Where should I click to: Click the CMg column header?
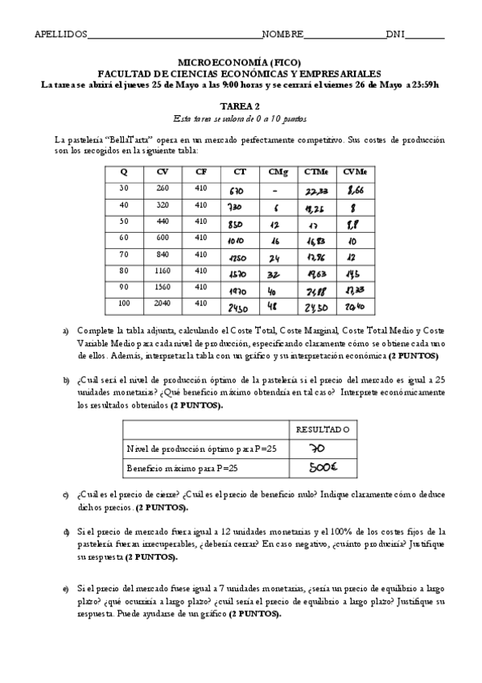pyautogui.click(x=274, y=171)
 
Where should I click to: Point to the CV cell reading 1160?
pyautogui.click(x=162, y=271)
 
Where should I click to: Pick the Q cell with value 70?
pyautogui.click(x=124, y=254)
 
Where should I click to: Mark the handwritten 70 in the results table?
pyautogui.click(x=317, y=449)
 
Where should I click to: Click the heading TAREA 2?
pyautogui.click(x=241, y=106)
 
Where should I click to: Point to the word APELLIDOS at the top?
pyautogui.click(x=60, y=35)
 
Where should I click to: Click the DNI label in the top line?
pyautogui.click(x=395, y=35)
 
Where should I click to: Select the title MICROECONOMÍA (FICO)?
pyautogui.click(x=241, y=61)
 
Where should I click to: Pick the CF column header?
pyautogui.click(x=200, y=171)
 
